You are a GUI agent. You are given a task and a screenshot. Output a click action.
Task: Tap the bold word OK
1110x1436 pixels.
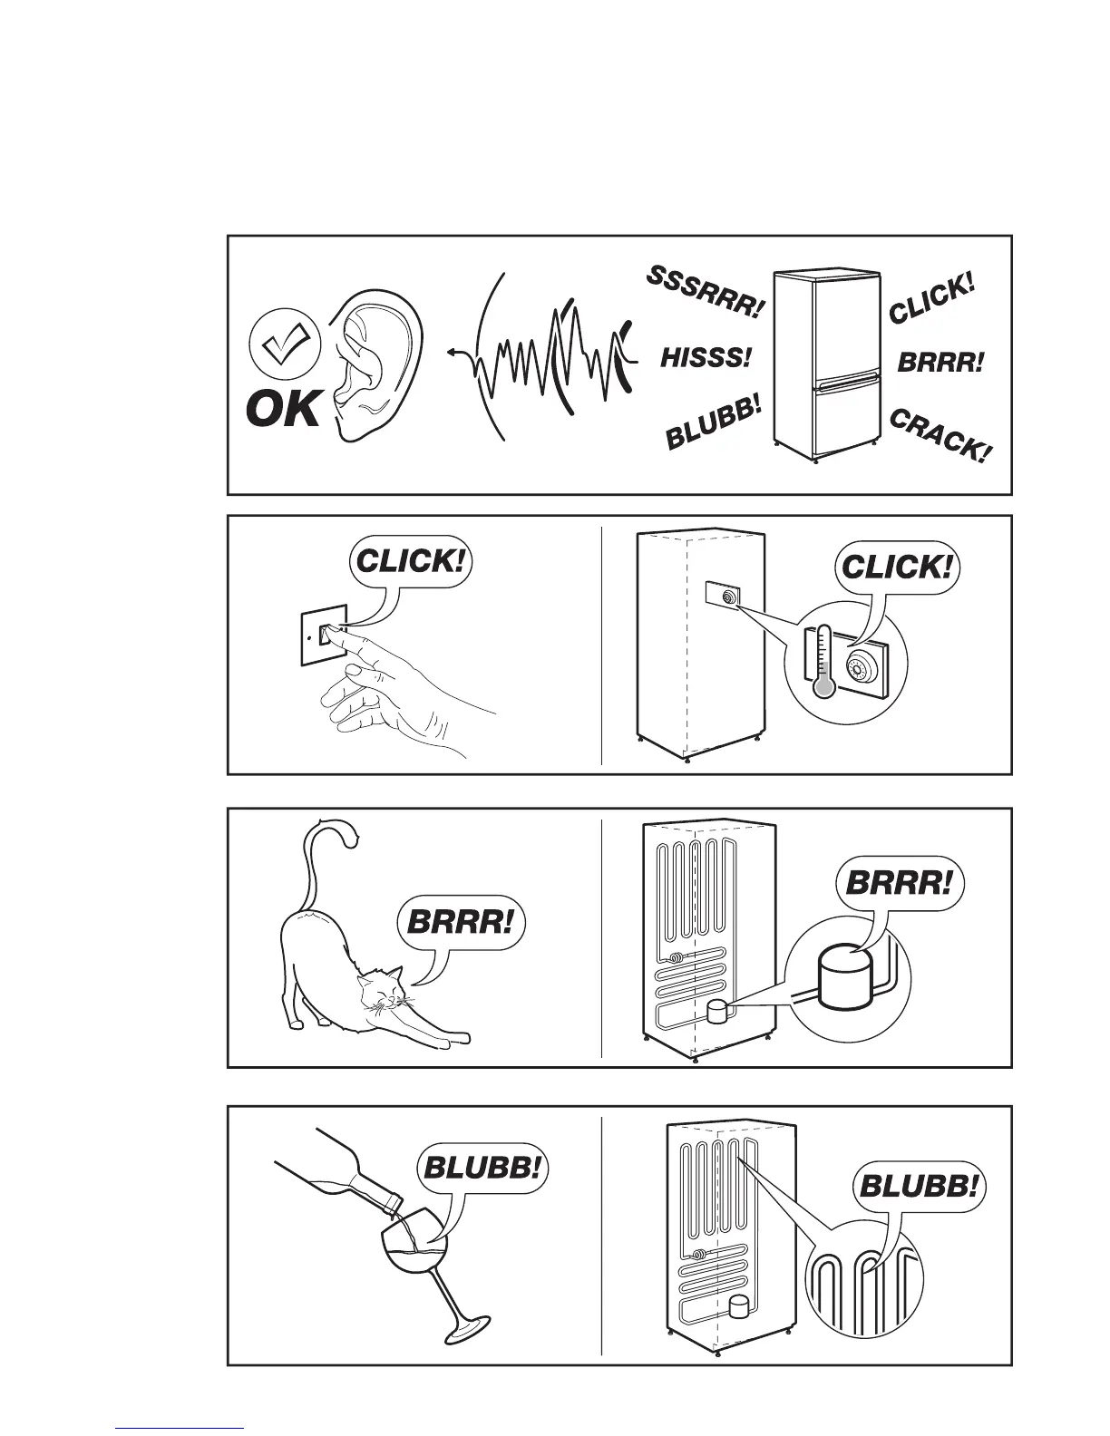click(x=283, y=411)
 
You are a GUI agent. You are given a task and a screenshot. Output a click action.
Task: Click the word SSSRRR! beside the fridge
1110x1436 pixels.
click(x=705, y=293)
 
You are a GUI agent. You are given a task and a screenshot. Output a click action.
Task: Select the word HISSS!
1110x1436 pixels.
click(x=706, y=357)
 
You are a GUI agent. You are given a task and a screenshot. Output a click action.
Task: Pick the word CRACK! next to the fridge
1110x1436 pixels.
click(x=938, y=435)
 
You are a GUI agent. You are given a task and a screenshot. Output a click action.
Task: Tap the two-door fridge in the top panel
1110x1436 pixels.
click(x=826, y=364)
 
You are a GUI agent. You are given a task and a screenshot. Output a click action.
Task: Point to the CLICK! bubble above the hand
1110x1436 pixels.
click(x=412, y=560)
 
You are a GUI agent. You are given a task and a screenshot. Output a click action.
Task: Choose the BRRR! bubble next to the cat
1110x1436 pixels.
click(x=461, y=924)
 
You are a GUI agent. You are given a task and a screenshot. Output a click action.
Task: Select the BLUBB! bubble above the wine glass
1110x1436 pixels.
click(x=482, y=1168)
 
